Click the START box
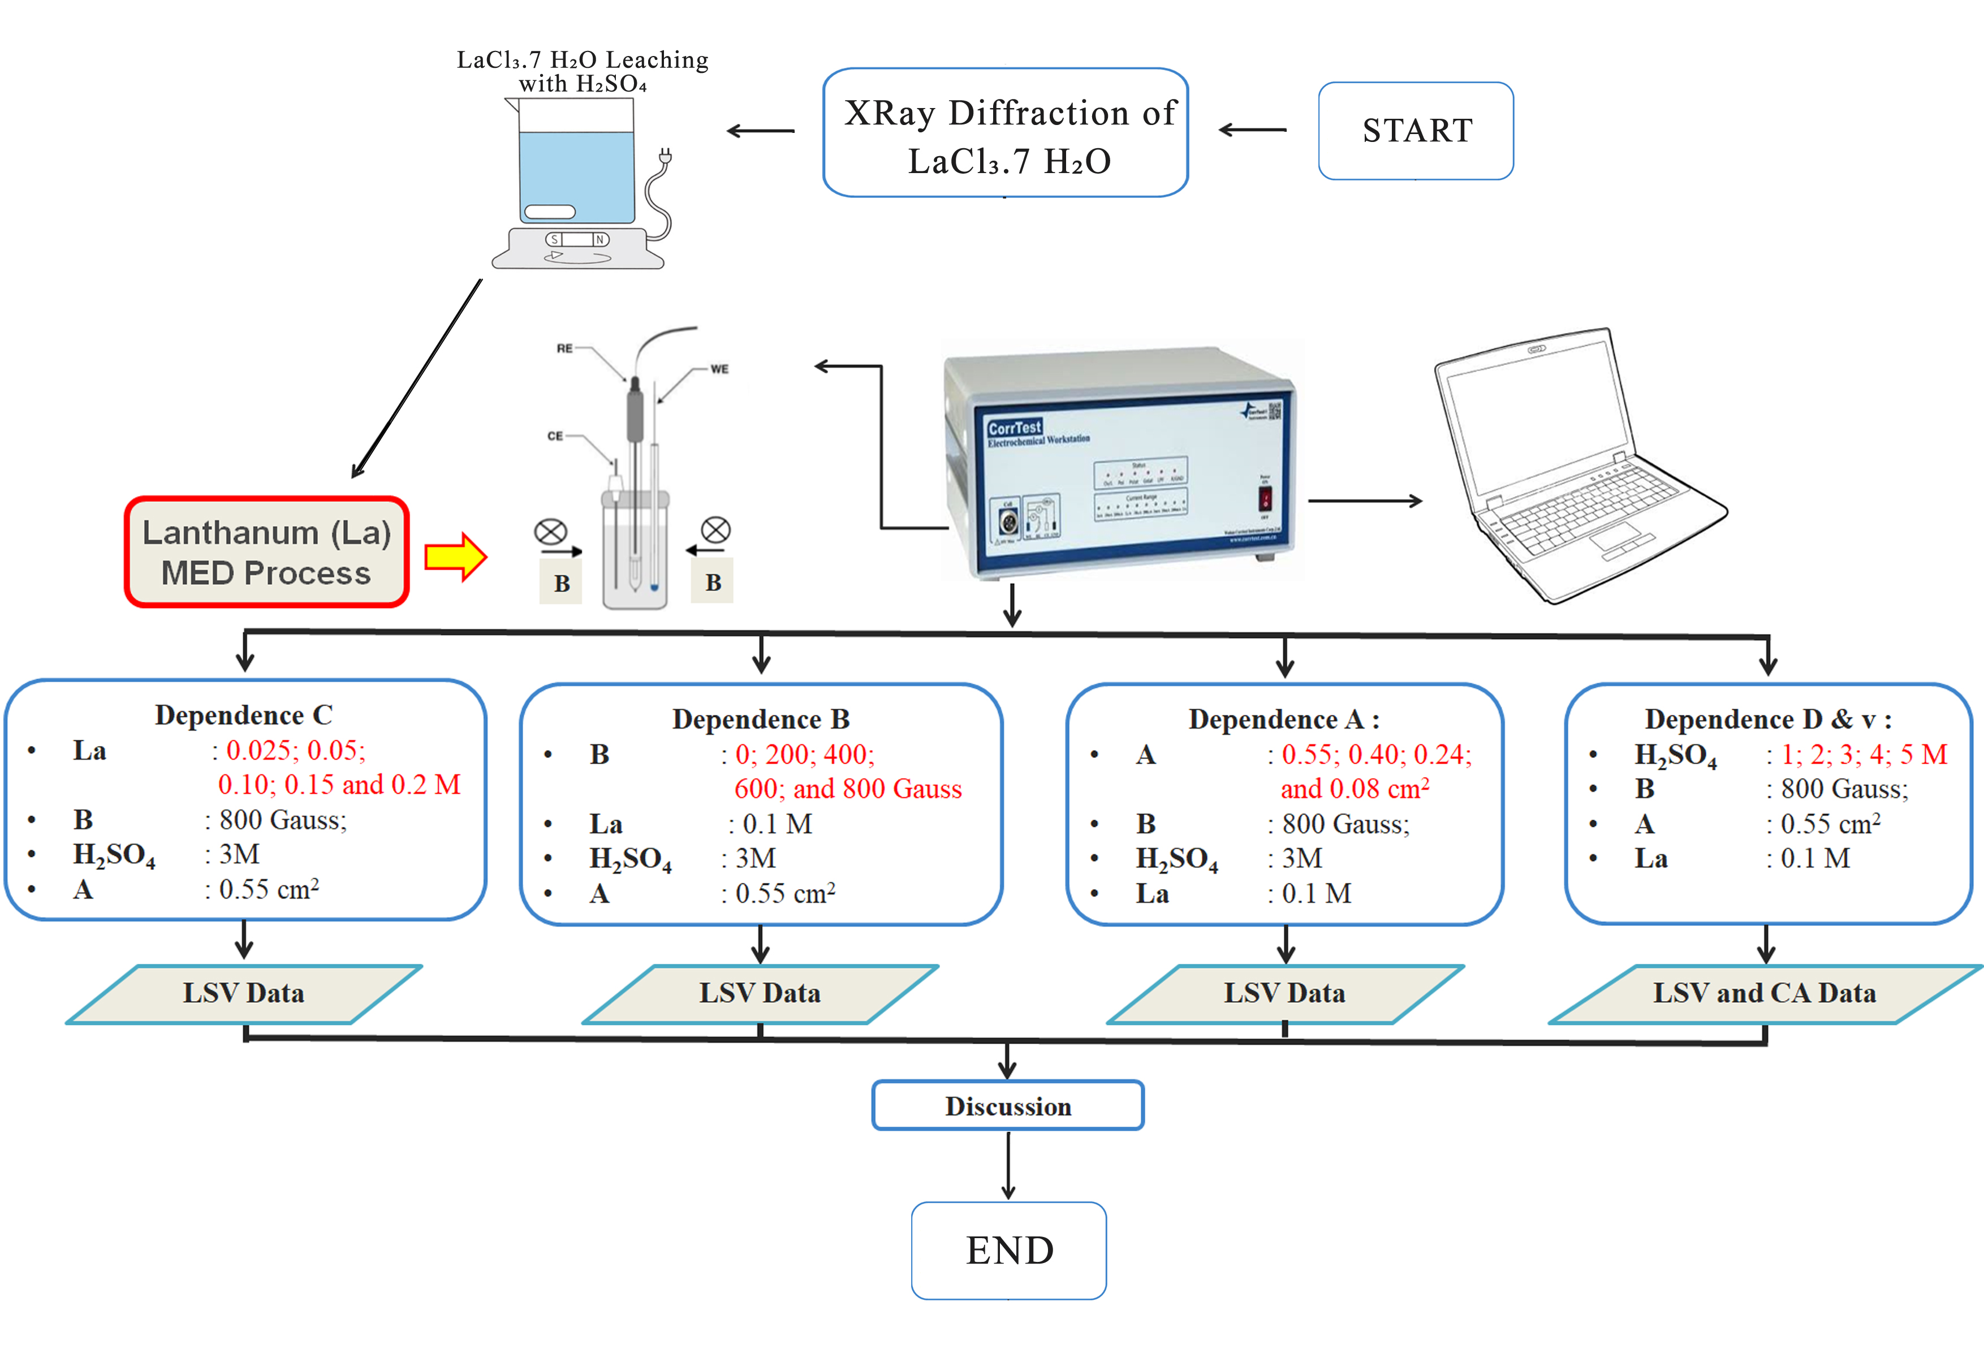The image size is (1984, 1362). point(1416,131)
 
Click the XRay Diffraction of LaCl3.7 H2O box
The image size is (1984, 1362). point(1006,133)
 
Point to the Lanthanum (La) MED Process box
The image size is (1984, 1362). point(266,553)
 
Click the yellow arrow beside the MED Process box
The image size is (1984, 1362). point(456,557)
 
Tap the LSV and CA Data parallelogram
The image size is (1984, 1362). point(1764,993)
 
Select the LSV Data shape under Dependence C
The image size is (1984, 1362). point(243,993)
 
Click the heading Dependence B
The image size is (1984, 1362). point(761,719)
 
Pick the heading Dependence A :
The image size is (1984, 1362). point(1283,719)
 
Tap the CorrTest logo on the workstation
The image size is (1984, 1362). point(1014,427)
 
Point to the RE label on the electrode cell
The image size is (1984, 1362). point(564,348)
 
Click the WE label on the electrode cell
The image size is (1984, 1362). point(719,369)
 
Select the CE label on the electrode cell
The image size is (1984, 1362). point(555,436)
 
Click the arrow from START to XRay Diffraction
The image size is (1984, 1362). point(1252,130)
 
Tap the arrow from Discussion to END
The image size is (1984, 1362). point(1008,1166)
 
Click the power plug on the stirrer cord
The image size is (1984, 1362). point(665,156)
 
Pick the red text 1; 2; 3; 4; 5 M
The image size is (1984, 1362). point(1864,754)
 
